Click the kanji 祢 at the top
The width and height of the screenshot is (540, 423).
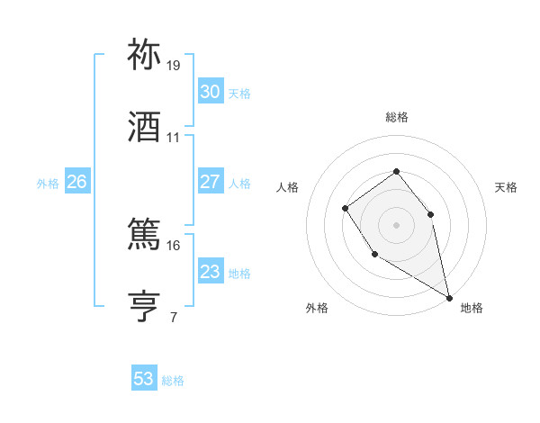145,55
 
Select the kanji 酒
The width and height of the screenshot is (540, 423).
145,126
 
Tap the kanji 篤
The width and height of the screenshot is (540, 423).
145,234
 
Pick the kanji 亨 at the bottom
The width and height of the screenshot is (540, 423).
145,305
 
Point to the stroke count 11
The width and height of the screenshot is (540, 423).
174,138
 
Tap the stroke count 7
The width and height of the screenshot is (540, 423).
173,317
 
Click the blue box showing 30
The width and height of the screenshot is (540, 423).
211,92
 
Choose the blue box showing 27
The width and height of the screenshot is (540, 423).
211,182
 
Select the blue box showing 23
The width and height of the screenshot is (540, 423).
211,272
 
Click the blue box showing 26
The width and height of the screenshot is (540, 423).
76,182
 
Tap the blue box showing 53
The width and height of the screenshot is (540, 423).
144,379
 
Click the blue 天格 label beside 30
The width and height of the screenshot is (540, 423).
239,94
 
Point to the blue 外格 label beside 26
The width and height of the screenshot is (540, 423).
48,184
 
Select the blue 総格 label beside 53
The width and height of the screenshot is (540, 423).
173,381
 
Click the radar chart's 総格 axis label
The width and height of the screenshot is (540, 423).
396,117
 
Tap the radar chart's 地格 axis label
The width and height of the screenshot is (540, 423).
472,308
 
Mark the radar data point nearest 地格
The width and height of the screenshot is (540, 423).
449,296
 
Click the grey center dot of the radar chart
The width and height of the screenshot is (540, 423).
396,224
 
